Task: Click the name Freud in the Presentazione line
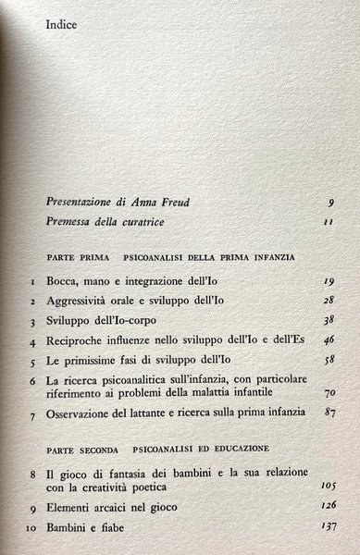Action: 152,202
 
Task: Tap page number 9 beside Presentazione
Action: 319,203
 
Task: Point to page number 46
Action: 317,341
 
